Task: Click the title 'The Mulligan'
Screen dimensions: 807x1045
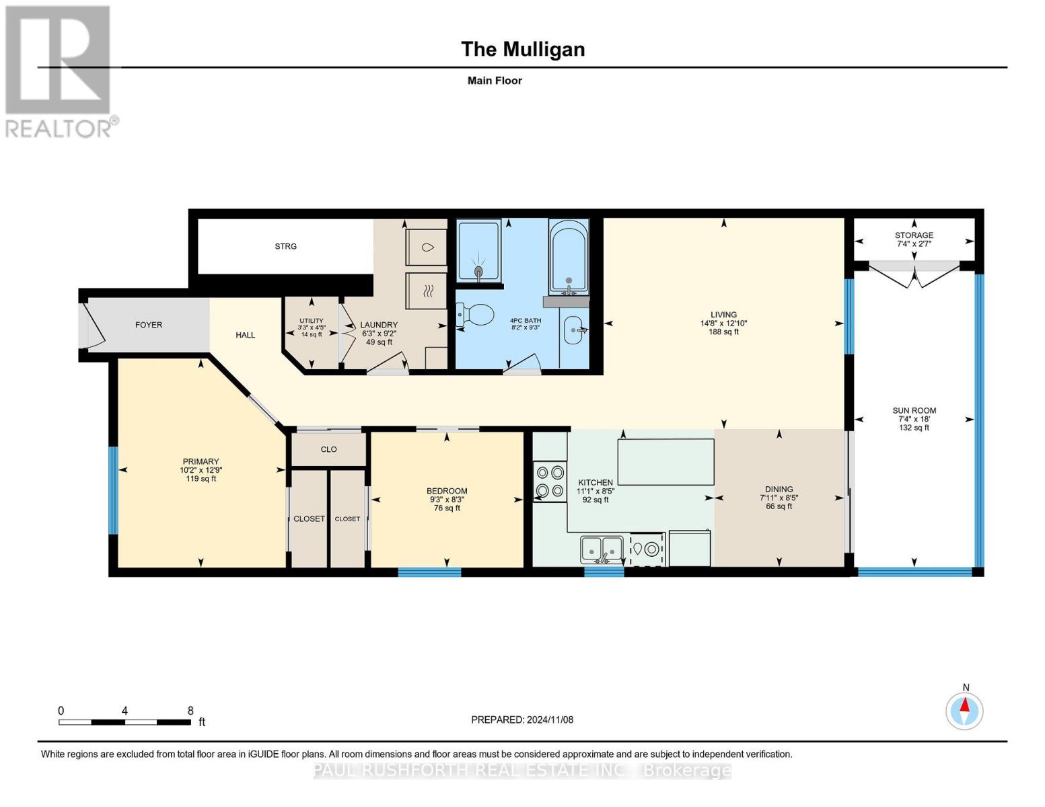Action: [522, 49]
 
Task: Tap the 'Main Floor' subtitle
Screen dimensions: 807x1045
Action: [495, 81]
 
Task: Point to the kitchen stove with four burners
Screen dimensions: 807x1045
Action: [549, 482]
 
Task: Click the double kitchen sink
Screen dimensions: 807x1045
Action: [602, 549]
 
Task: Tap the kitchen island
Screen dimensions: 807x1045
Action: [665, 461]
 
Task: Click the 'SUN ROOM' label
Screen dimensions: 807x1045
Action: [914, 410]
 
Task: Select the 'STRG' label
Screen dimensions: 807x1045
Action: [285, 246]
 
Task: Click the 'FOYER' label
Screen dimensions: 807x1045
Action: [149, 325]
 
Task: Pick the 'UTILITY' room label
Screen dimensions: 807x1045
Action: [311, 321]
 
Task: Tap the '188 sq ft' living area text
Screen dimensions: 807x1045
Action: [723, 332]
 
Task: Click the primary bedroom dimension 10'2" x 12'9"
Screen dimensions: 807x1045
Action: [201, 470]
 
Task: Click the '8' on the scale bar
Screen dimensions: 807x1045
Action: [190, 711]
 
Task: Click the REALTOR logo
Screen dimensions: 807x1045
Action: [59, 71]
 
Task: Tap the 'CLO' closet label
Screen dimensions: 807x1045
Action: [328, 449]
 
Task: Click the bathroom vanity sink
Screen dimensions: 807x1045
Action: [574, 330]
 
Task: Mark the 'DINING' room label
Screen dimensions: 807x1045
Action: [779, 489]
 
